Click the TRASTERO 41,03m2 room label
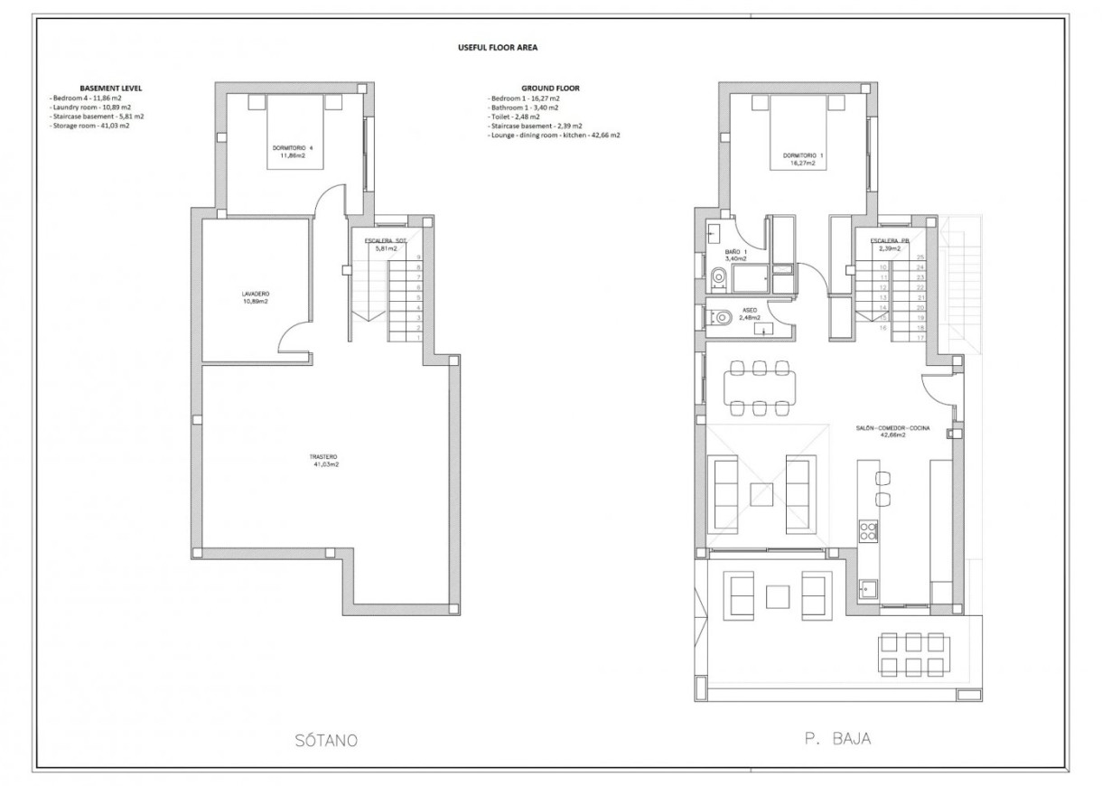pos(325,461)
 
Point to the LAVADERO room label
pos(256,297)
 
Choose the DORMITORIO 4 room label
pos(293,151)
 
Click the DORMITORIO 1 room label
pos(798,159)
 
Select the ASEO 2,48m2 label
pos(749,313)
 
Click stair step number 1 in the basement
pos(418,338)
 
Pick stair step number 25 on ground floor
pos(920,258)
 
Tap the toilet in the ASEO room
pos(719,317)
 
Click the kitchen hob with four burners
pos(868,530)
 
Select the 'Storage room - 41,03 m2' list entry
pos(90,126)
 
